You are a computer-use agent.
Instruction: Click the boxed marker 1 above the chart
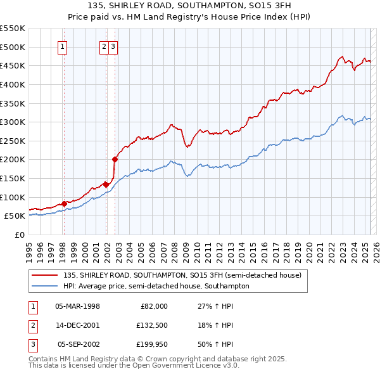[63, 46]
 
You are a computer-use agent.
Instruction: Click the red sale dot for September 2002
[115, 160]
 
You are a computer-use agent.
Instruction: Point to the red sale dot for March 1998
[64, 203]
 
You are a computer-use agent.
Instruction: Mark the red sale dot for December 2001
[106, 184]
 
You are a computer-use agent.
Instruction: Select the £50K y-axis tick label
[15, 216]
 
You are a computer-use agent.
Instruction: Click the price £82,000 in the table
[153, 306]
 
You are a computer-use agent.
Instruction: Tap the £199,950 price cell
[151, 344]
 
